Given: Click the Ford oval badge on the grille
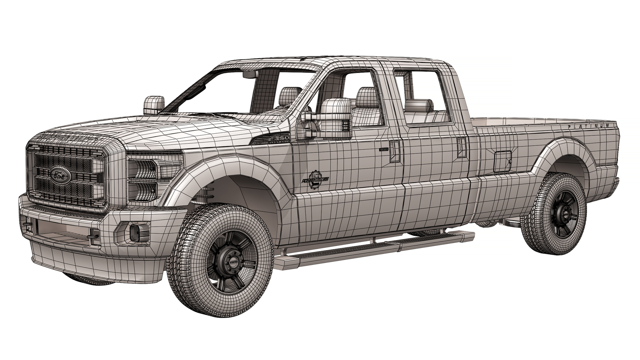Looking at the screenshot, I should (60, 173).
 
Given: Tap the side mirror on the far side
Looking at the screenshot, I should (154, 104).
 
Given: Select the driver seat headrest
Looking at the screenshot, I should (367, 97).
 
